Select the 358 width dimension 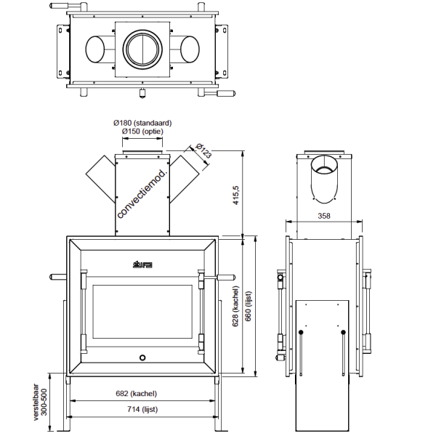coord(323,216)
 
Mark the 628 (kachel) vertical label coord(236,305)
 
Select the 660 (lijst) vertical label coord(249,305)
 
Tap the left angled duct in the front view coord(100,179)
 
